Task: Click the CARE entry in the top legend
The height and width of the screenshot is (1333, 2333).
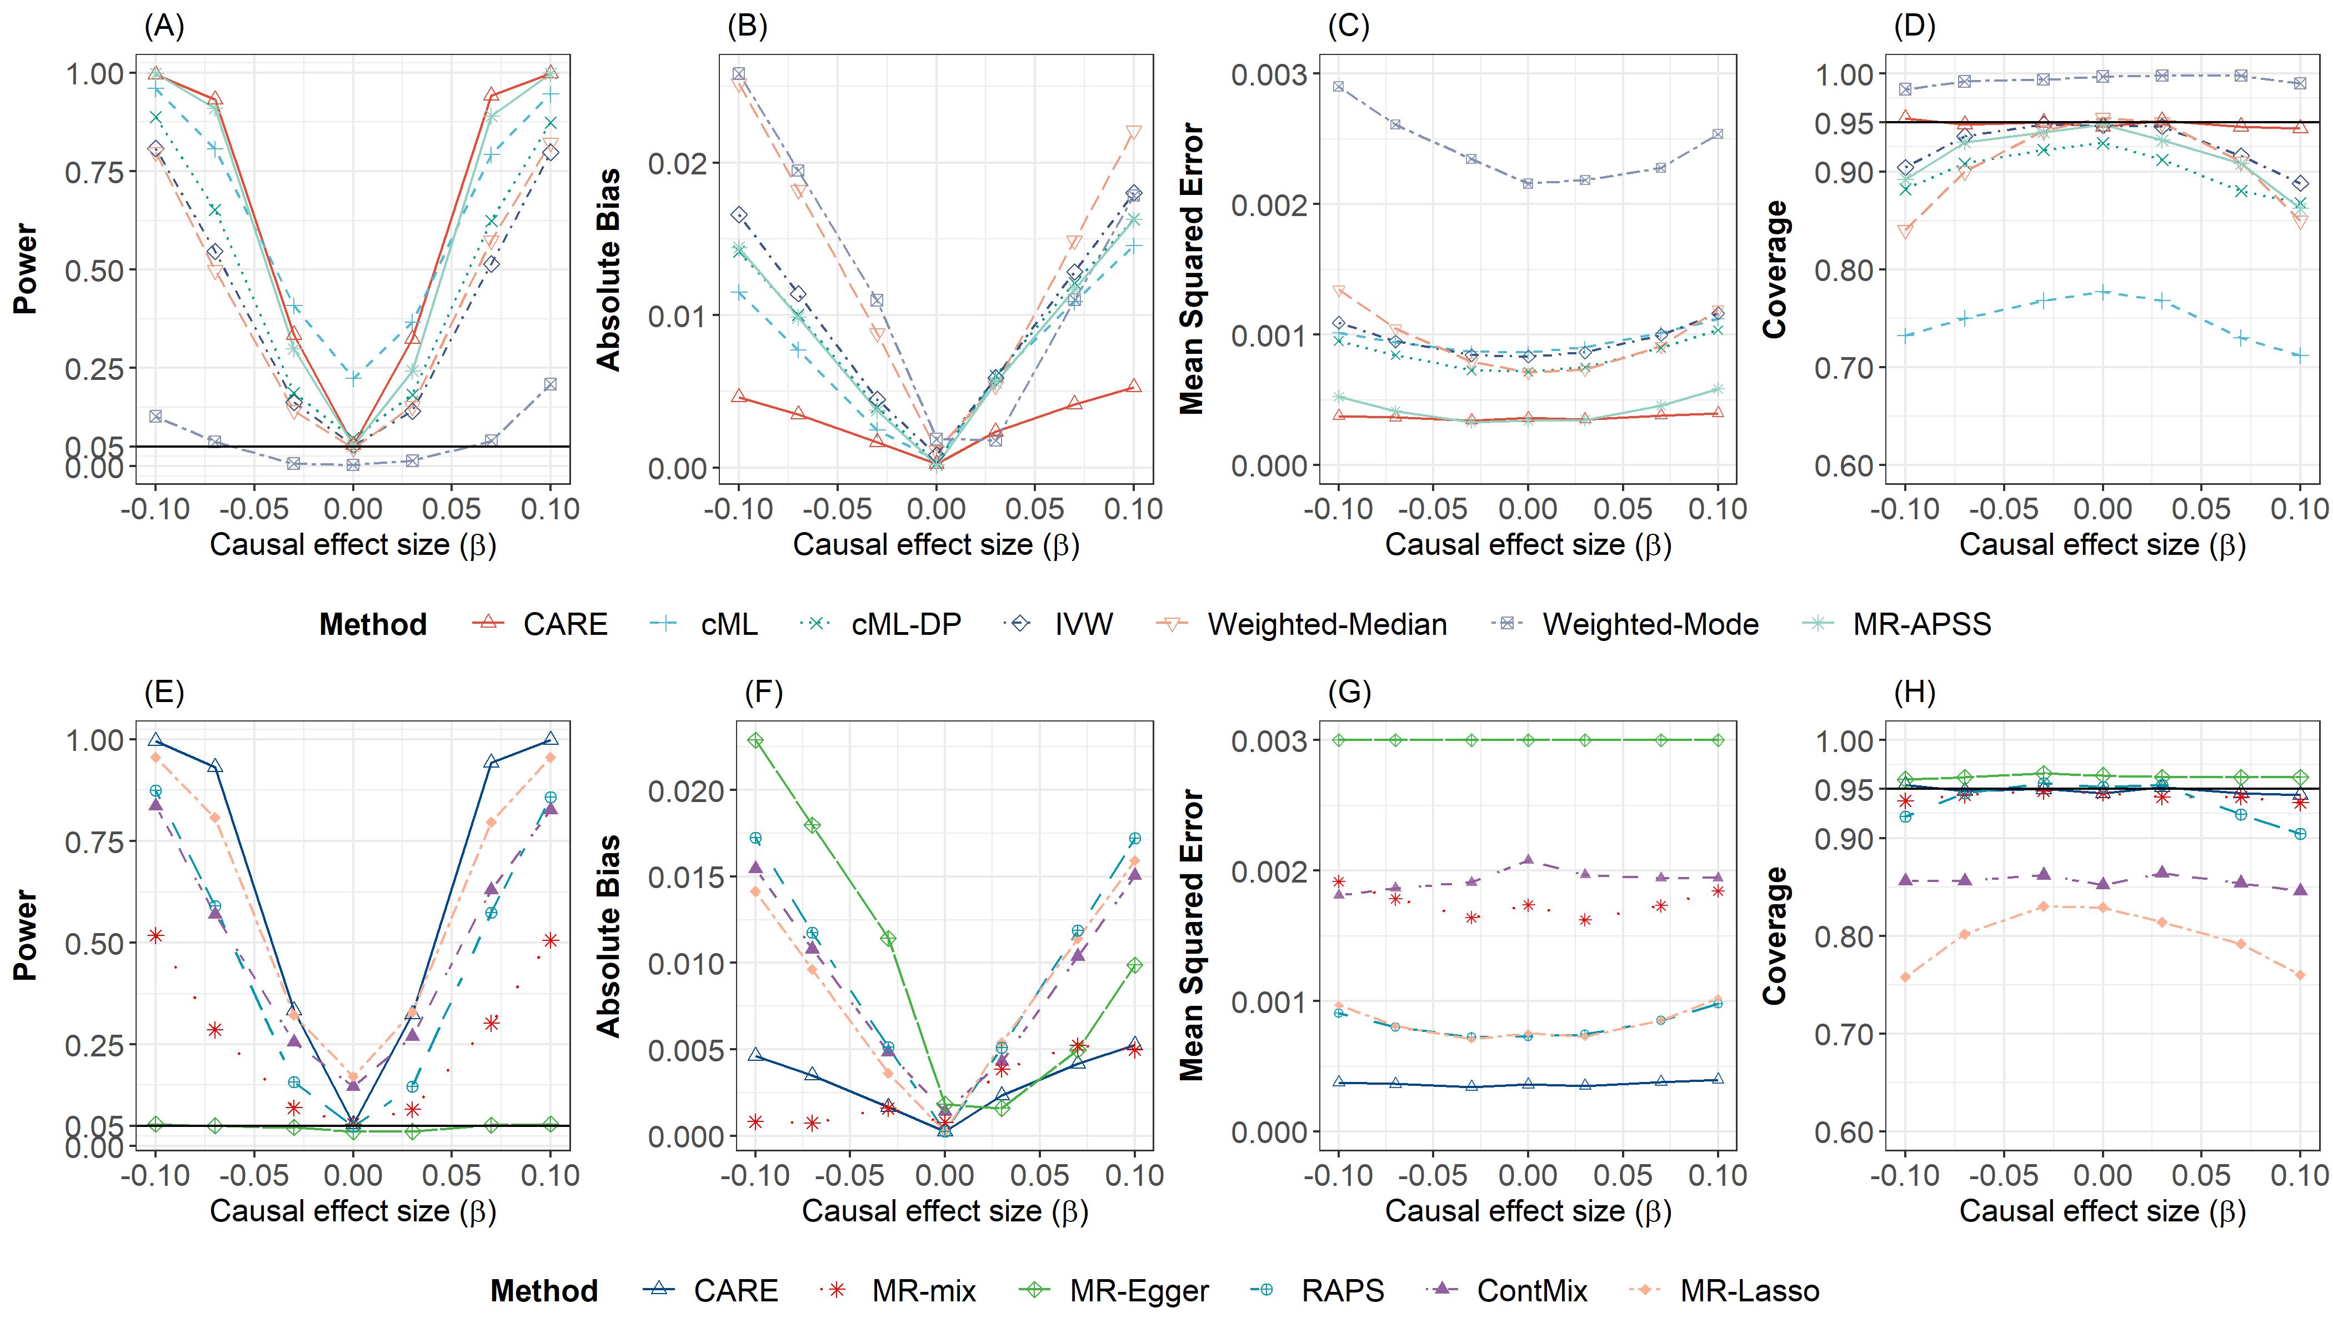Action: pyautogui.click(x=564, y=624)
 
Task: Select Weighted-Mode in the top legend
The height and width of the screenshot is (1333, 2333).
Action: pyautogui.click(x=1650, y=624)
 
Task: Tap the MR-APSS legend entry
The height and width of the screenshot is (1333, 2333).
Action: pyautogui.click(x=1921, y=624)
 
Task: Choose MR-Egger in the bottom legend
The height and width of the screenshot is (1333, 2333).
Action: pyautogui.click(x=1138, y=1291)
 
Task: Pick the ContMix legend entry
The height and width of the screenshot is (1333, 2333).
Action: pyautogui.click(x=1531, y=1291)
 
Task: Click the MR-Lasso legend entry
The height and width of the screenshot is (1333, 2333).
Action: pyautogui.click(x=1749, y=1291)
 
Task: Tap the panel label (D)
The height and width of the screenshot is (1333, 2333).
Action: pyautogui.click(x=1915, y=27)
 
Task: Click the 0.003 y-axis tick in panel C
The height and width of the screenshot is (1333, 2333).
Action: pyautogui.click(x=1268, y=74)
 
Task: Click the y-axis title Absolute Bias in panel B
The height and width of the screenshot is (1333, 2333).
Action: pyautogui.click(x=609, y=269)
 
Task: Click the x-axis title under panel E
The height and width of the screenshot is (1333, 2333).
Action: pyautogui.click(x=353, y=1211)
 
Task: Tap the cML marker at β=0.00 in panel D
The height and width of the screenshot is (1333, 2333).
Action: pyautogui.click(x=2103, y=293)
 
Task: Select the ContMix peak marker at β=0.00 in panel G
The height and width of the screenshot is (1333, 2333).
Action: pyautogui.click(x=1527, y=860)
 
